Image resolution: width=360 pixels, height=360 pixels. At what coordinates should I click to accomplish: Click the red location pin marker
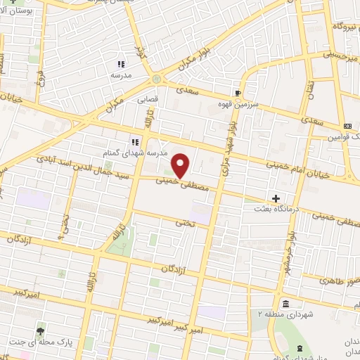tap(181, 165)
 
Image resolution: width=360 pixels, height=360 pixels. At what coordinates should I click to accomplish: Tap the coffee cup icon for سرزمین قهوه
tap(238, 92)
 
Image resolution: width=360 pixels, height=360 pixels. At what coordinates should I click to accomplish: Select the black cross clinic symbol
tap(276, 198)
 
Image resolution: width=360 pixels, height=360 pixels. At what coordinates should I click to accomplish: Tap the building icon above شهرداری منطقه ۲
tap(286, 303)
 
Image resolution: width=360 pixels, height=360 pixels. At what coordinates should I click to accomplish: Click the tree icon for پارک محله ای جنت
tap(41, 330)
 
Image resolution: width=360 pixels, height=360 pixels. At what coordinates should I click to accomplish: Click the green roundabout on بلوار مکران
tap(155, 79)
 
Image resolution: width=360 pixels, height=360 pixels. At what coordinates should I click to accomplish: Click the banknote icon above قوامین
tap(347, 124)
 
